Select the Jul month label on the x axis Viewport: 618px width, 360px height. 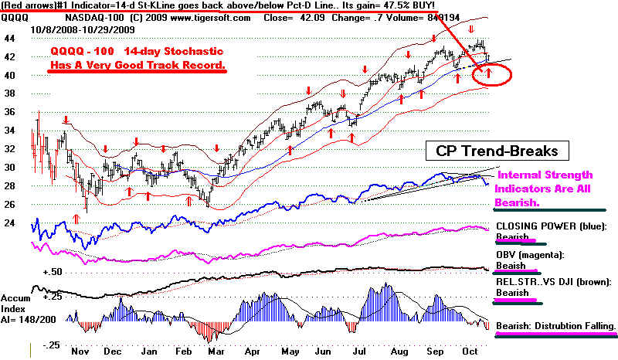coord(361,350)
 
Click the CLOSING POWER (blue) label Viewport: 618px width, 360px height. coord(548,229)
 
